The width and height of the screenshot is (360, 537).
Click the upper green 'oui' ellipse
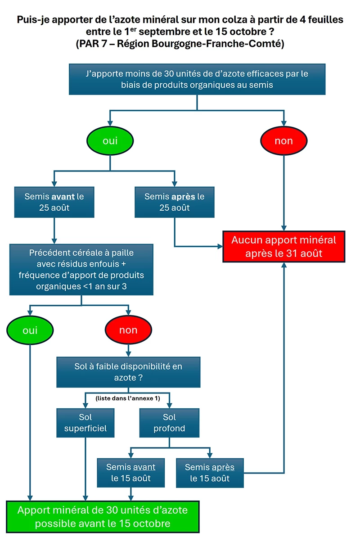point(110,141)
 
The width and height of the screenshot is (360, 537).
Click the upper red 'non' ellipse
point(283,141)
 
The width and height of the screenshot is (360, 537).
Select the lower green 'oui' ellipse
point(30,330)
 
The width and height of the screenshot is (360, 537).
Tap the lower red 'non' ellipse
point(128,330)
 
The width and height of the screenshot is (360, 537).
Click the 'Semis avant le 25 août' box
point(54,202)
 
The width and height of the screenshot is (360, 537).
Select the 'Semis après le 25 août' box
point(174,202)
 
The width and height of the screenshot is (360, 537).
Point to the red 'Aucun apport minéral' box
point(283,246)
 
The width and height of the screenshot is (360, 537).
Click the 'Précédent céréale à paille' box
point(82,270)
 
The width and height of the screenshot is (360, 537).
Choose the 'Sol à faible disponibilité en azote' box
point(128,372)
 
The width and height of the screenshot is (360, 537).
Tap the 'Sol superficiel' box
point(85,423)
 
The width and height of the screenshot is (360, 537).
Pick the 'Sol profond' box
point(169,423)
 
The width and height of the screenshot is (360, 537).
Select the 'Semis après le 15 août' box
point(210,472)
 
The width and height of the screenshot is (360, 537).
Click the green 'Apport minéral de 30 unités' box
point(103,517)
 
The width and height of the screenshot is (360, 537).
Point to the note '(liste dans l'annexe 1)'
point(128,398)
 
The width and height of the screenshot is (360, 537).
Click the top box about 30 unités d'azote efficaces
point(197,79)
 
